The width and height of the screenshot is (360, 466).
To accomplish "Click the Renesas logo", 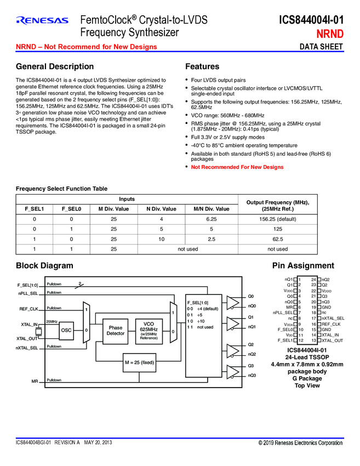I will (42, 21).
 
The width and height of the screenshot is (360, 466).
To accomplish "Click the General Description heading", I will (55, 67).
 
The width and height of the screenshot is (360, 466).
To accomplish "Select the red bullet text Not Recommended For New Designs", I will (237, 167).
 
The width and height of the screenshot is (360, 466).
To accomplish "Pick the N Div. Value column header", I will (161, 208).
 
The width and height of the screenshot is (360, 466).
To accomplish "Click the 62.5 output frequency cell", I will (278, 239).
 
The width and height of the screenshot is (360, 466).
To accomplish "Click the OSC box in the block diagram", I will (66, 330).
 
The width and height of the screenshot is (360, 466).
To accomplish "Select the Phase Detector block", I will (115, 330).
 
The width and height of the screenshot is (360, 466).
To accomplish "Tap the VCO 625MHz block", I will (149, 330).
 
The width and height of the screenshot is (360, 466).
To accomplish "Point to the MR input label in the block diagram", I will (34, 380).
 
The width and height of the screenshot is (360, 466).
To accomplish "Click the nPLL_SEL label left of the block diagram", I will (27, 293).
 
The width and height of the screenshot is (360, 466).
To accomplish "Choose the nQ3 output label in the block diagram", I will (252, 375).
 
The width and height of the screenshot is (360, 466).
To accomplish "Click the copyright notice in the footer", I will (300, 442).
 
